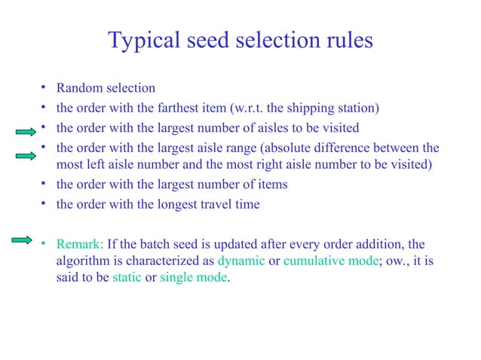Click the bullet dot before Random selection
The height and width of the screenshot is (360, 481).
click(x=45, y=88)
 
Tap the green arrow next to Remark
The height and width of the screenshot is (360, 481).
click(x=22, y=240)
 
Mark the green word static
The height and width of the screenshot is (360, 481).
click(x=127, y=278)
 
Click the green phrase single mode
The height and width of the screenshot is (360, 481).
click(x=192, y=278)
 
